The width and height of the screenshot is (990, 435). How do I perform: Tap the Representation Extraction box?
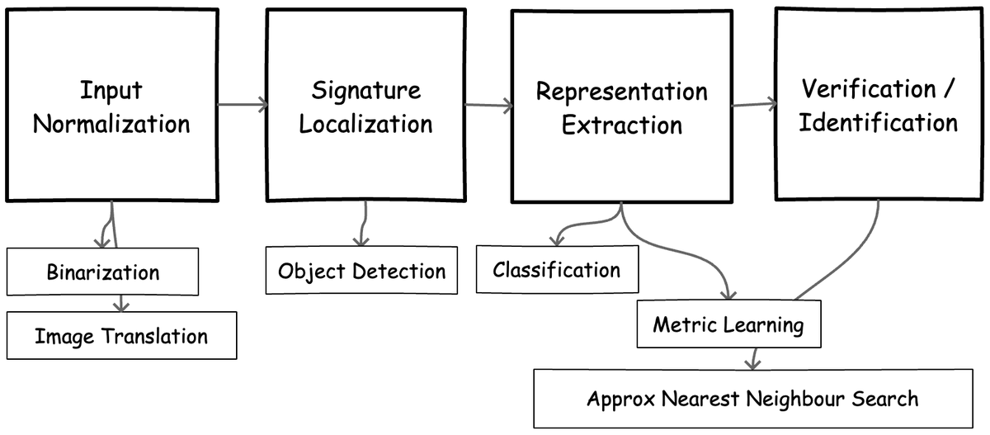(x=621, y=107)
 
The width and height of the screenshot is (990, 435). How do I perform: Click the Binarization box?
(x=103, y=272)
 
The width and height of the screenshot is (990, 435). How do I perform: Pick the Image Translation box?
(x=121, y=335)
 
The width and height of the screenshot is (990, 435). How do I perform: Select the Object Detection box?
(x=361, y=271)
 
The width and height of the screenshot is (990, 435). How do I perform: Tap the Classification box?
(x=557, y=270)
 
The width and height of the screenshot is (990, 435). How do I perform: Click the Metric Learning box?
(x=728, y=324)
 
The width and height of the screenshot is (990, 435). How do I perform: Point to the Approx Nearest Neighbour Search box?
(x=752, y=399)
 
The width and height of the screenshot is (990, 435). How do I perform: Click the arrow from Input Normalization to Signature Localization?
(x=242, y=104)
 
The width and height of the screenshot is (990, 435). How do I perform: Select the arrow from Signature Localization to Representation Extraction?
(x=488, y=106)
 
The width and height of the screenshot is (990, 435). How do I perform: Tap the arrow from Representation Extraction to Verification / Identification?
(x=754, y=104)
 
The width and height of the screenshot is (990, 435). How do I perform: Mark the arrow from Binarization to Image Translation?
(x=121, y=302)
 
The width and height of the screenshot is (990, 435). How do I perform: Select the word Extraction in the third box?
(x=621, y=125)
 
